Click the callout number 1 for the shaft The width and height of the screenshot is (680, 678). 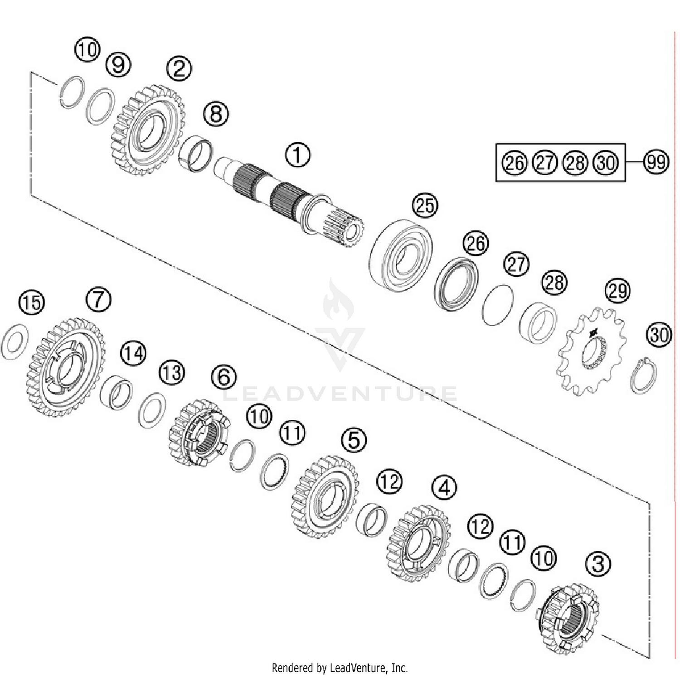(297, 155)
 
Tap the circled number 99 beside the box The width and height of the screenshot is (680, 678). (656, 162)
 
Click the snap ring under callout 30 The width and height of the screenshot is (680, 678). (644, 375)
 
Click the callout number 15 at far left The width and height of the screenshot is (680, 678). (32, 302)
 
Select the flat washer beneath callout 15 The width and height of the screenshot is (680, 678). (16, 342)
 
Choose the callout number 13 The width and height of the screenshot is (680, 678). (172, 373)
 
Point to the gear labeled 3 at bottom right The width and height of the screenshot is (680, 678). (568, 619)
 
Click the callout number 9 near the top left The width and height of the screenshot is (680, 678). (118, 64)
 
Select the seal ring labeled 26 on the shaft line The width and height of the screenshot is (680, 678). (457, 284)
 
